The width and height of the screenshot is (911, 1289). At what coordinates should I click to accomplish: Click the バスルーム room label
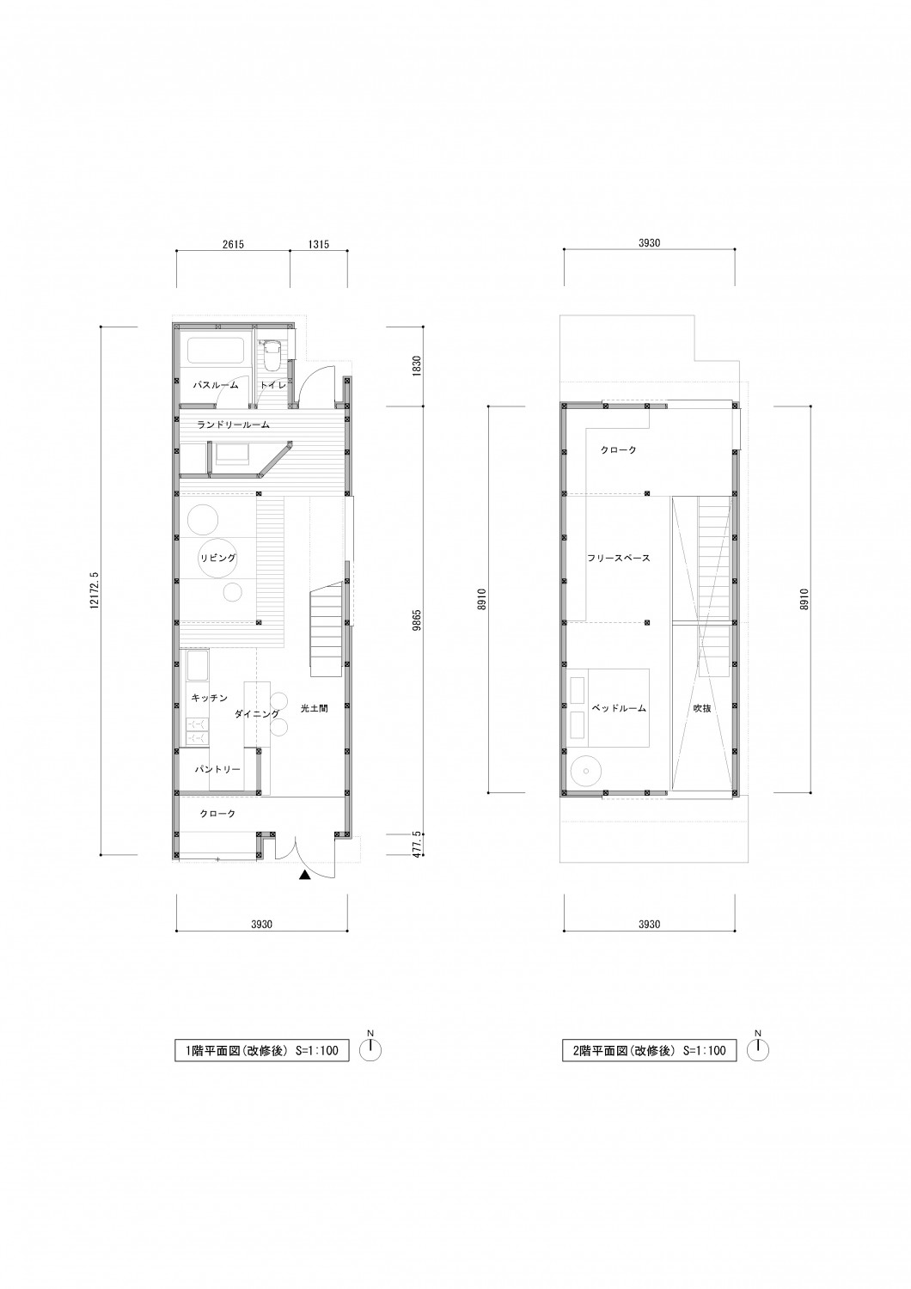click(215, 385)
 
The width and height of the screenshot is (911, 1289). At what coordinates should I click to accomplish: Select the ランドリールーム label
click(233, 425)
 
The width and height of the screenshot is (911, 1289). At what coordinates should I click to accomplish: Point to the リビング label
click(218, 558)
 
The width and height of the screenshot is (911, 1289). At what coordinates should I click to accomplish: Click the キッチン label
click(210, 698)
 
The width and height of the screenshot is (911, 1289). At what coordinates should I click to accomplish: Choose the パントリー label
click(217, 769)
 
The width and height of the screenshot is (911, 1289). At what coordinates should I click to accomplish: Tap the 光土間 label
click(315, 709)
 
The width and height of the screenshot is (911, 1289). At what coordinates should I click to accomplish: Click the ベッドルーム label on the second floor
click(619, 708)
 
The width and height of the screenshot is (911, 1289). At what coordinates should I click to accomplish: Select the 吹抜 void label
click(702, 708)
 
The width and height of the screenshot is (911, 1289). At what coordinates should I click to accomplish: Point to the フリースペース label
click(619, 558)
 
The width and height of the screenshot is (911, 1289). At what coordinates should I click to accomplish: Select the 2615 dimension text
click(233, 244)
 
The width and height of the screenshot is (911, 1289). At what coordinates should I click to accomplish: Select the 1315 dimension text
click(318, 244)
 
